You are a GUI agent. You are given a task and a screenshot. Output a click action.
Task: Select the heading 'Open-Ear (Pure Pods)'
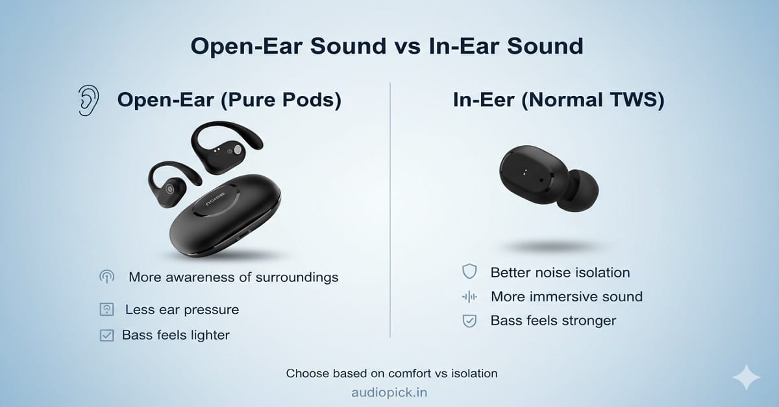(x=229, y=100)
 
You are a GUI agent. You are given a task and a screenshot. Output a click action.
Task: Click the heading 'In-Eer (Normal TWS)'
(x=558, y=100)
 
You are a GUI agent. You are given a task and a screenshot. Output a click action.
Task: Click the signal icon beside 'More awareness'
(x=106, y=277)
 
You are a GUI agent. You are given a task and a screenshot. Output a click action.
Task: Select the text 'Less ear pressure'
(x=182, y=310)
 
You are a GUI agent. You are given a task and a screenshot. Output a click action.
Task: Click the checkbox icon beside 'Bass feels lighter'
(x=106, y=335)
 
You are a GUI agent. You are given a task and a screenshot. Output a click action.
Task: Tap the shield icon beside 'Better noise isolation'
(x=469, y=272)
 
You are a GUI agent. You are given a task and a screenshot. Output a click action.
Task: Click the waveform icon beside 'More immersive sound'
(x=469, y=297)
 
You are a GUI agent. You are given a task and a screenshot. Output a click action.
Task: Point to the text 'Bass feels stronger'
(x=553, y=321)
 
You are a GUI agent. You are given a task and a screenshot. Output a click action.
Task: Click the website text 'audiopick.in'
(x=389, y=393)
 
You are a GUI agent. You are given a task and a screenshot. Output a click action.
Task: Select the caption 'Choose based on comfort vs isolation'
(x=391, y=373)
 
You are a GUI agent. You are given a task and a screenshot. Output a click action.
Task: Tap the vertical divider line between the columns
(x=390, y=207)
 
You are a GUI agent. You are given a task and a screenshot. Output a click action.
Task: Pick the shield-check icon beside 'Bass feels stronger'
(x=469, y=321)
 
